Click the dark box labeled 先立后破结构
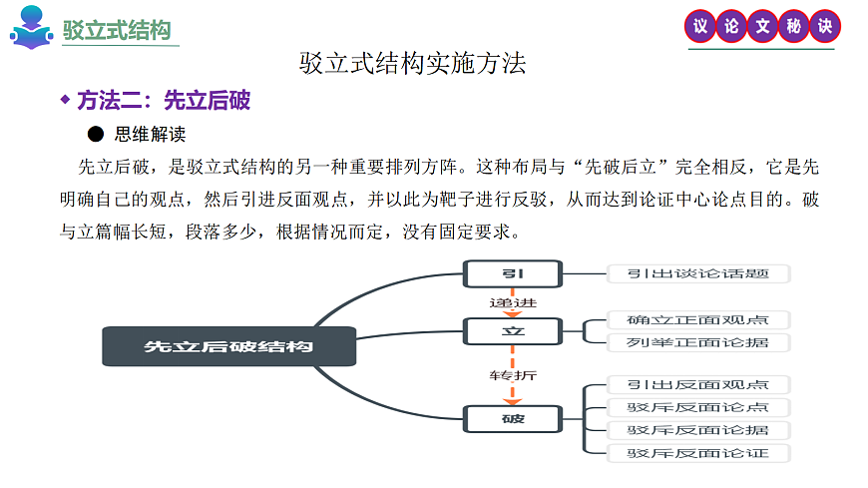pos(228,346)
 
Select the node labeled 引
pos(513,273)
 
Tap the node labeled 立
pos(513,331)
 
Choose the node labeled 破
pos(513,418)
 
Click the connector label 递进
pos(513,302)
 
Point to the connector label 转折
pos(513,375)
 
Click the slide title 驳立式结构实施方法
pos(412,64)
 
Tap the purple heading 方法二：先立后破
pos(163,100)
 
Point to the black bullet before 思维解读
pos(96,134)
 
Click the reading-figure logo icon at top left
pos(32,27)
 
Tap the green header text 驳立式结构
pos(117,30)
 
